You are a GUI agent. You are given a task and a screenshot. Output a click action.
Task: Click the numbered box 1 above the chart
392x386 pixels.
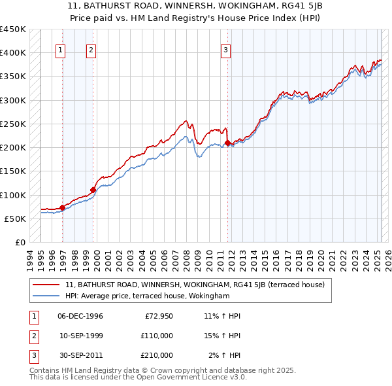point(60,49)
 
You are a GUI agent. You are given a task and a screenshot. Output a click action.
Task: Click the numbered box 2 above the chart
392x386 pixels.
point(91,49)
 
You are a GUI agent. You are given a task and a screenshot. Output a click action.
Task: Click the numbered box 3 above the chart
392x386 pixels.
point(225,49)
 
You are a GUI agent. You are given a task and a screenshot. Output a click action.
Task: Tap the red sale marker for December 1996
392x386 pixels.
point(63,208)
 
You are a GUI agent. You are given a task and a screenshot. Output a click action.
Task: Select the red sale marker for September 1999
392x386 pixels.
point(93,190)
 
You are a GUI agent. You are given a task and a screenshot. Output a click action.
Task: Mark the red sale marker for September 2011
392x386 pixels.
point(227,143)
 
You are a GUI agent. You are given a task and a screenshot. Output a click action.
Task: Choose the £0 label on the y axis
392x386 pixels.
point(20,243)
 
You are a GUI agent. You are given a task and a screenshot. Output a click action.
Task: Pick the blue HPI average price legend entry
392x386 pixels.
point(147,296)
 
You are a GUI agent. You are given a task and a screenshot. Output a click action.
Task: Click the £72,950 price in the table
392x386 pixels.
point(159,317)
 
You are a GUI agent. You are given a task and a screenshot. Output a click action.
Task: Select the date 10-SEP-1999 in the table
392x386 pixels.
point(80,336)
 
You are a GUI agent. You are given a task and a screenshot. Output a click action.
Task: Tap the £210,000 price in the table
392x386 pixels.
point(156,355)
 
